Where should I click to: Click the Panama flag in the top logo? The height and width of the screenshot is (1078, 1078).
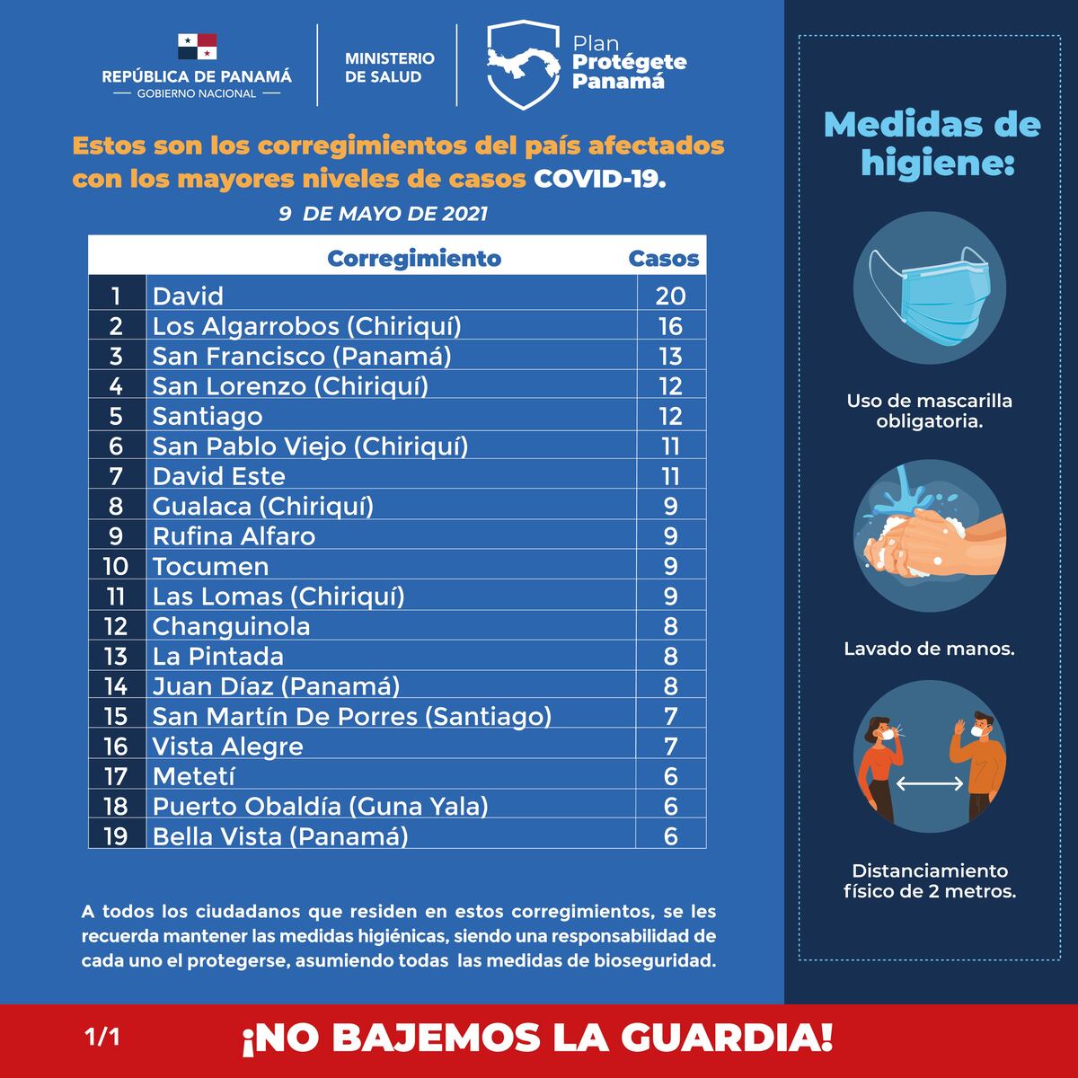(x=197, y=47)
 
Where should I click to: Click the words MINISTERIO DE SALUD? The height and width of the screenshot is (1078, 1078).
(x=389, y=67)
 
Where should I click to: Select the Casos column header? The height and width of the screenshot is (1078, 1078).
(x=663, y=259)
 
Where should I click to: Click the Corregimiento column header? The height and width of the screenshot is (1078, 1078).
(x=414, y=259)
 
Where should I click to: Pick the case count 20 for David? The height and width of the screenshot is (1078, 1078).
(x=670, y=296)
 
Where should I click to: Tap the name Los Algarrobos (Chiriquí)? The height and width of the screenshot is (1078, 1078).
(x=306, y=326)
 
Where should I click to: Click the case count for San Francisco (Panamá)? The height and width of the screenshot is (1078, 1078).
(x=670, y=356)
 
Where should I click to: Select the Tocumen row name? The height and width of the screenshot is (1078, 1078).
(x=210, y=566)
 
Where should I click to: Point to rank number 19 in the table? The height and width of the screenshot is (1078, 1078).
(x=116, y=836)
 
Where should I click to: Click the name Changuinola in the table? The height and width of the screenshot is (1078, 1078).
(x=231, y=626)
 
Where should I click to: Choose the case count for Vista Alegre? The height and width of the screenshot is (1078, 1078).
(x=670, y=747)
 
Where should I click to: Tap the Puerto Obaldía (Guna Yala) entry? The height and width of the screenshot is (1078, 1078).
(x=320, y=807)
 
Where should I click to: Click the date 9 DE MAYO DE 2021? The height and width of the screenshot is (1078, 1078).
(x=383, y=214)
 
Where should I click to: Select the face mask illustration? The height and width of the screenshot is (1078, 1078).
(x=929, y=289)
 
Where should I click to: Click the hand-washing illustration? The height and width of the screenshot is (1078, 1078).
(x=929, y=536)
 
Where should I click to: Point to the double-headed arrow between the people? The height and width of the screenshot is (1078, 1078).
(x=930, y=784)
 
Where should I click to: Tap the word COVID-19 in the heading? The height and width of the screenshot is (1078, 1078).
(x=600, y=179)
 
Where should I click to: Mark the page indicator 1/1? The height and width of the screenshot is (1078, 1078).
(x=102, y=1038)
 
